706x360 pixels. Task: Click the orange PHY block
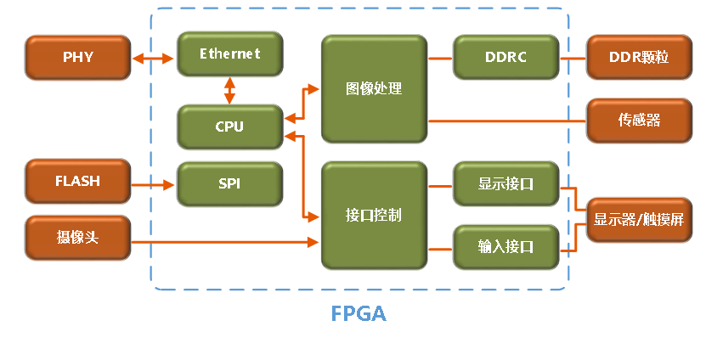coord(77,58)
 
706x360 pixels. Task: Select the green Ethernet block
coord(229,54)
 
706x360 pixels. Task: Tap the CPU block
coord(229,127)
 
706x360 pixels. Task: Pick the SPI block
coord(229,183)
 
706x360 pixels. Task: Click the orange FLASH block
coord(77,181)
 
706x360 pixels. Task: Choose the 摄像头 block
coord(77,238)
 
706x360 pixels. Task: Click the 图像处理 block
coord(374,88)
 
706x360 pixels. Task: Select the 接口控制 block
coord(374,215)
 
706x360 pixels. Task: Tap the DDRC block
coord(505,58)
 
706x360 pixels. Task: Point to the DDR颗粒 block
coord(639,58)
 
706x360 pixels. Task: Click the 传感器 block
coord(639,120)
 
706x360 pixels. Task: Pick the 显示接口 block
coord(505,183)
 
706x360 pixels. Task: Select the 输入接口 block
coord(505,247)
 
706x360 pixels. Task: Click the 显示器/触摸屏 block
coord(639,219)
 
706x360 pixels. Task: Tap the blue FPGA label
coord(358,314)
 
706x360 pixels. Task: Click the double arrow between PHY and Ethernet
coord(154,59)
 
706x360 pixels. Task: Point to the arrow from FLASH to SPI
coord(154,183)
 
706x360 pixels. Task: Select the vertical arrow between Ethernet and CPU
coord(229,90)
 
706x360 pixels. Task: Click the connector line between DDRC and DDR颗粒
coord(573,59)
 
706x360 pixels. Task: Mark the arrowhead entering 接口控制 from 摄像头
coord(313,243)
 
